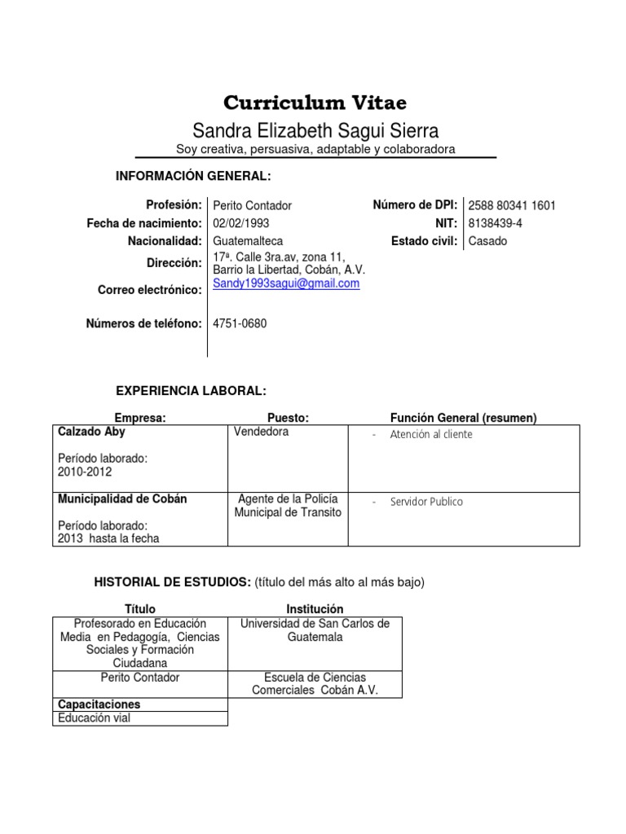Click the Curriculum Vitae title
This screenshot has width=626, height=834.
click(315, 103)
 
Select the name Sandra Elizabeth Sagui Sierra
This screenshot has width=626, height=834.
click(315, 130)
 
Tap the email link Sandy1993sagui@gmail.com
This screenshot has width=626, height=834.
click(285, 283)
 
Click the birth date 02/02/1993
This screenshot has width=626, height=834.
click(240, 223)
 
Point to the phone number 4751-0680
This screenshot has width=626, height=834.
click(239, 323)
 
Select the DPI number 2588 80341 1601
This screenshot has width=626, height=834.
click(512, 206)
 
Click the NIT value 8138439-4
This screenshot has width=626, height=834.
click(496, 223)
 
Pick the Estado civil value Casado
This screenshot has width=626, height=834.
click(487, 241)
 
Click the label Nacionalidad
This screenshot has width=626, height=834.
click(164, 241)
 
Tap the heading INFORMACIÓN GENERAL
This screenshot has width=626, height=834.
click(192, 177)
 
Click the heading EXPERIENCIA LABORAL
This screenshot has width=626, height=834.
click(192, 392)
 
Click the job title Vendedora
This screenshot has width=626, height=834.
click(261, 432)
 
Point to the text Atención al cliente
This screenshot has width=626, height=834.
click(431, 435)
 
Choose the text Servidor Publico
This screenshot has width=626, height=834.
click(426, 502)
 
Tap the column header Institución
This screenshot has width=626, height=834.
click(315, 609)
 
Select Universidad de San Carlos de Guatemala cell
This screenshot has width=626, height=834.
click(315, 630)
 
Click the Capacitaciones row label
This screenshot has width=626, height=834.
click(99, 704)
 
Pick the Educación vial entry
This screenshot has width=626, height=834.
click(94, 718)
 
